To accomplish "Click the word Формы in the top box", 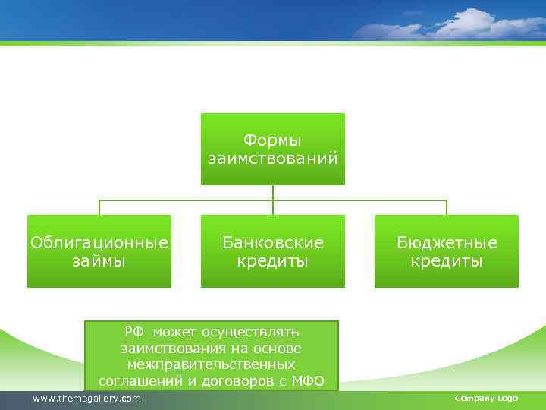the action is pyautogui.click(x=272, y=140).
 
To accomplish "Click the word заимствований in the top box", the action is pyautogui.click(x=273, y=159).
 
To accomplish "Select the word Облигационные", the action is pyautogui.click(x=99, y=243).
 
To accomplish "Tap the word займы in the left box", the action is pyautogui.click(x=99, y=261).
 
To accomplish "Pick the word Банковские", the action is pyautogui.click(x=273, y=243).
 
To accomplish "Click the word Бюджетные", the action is pyautogui.click(x=447, y=243).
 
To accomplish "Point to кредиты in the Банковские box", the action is pyautogui.click(x=273, y=261).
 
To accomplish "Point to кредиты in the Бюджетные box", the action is pyautogui.click(x=447, y=261).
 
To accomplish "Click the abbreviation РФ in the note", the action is pyautogui.click(x=133, y=332).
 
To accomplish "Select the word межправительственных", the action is pyautogui.click(x=212, y=364).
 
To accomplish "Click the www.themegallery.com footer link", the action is pyautogui.click(x=86, y=399).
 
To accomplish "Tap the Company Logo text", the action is pyautogui.click(x=486, y=399).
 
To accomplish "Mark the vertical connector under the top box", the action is pyautogui.click(x=273, y=193).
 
